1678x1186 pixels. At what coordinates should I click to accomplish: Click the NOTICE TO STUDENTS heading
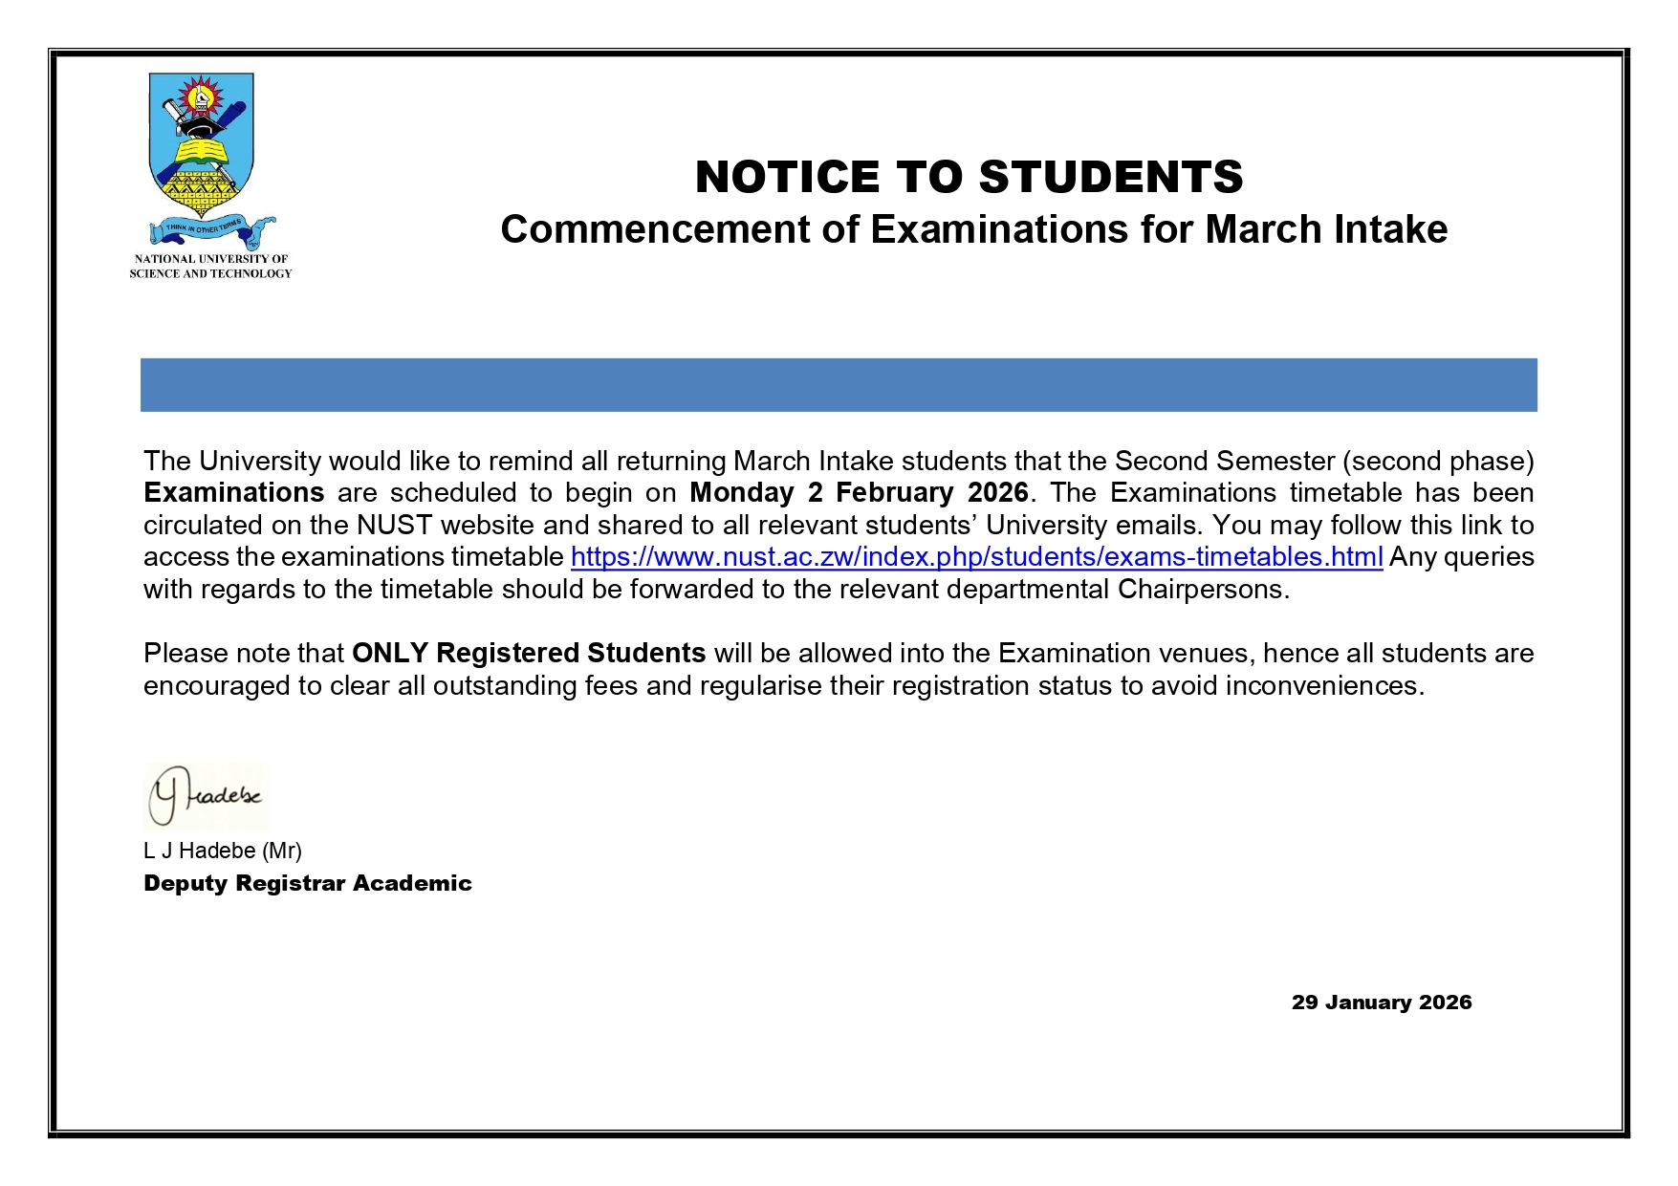click(969, 178)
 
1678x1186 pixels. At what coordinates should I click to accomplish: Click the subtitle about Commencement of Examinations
click(973, 230)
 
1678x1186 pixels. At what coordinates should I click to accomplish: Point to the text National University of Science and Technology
click(210, 267)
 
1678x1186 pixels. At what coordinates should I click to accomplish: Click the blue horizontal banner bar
click(839, 385)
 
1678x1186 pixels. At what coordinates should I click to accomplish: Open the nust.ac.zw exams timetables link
click(976, 557)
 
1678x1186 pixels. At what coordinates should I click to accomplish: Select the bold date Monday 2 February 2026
click(859, 493)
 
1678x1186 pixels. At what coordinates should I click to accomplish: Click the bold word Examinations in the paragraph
click(234, 493)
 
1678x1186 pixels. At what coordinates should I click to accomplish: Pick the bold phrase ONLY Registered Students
click(529, 654)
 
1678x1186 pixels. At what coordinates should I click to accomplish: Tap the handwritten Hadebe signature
click(207, 796)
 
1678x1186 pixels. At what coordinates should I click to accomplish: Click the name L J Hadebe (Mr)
click(223, 851)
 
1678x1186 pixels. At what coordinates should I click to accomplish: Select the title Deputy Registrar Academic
click(308, 883)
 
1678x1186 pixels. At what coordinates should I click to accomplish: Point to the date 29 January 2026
click(1381, 1003)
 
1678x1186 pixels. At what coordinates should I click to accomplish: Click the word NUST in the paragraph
click(395, 526)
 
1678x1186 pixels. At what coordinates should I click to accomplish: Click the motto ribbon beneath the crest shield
click(212, 229)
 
